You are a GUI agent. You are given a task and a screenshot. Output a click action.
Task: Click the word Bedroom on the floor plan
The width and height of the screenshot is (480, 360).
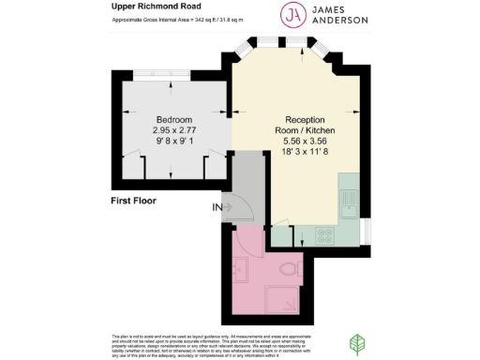[174, 120]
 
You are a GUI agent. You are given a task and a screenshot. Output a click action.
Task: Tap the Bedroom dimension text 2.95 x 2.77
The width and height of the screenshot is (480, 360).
[174, 131]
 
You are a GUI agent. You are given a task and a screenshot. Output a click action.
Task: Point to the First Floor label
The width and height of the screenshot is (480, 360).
[132, 201]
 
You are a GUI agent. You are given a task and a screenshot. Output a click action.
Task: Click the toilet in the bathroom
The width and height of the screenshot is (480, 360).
[293, 271]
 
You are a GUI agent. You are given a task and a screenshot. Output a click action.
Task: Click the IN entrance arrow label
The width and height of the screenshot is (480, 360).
[218, 206]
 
